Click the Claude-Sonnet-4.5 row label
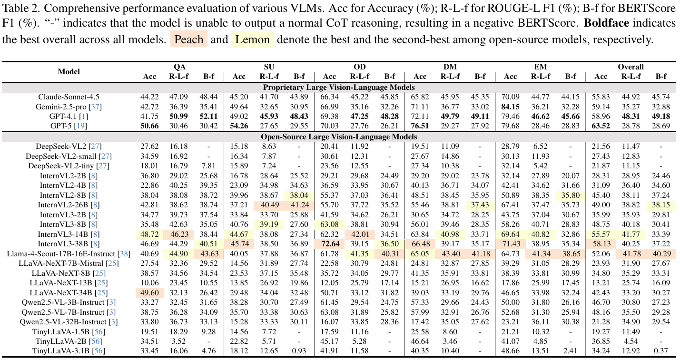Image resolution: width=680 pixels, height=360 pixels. point(69,97)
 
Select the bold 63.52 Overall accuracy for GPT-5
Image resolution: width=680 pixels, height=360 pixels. point(601,126)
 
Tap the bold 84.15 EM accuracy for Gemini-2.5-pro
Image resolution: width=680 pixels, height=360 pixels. point(511,107)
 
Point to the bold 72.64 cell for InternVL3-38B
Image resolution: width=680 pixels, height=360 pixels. point(329,243)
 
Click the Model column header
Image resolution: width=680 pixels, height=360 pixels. point(69,72)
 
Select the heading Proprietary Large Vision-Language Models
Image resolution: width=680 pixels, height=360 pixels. point(340,87)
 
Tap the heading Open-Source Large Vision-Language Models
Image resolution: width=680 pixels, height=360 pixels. point(340,136)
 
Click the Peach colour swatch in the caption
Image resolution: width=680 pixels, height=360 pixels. point(188,39)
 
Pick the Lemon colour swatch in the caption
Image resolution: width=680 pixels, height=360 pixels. point(252,39)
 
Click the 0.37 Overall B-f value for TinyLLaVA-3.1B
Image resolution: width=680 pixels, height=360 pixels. point(661,351)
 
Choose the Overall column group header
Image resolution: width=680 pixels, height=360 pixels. point(631,67)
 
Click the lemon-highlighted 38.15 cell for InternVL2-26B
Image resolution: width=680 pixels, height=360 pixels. point(661,204)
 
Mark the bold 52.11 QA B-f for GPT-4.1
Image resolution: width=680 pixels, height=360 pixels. point(208,117)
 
